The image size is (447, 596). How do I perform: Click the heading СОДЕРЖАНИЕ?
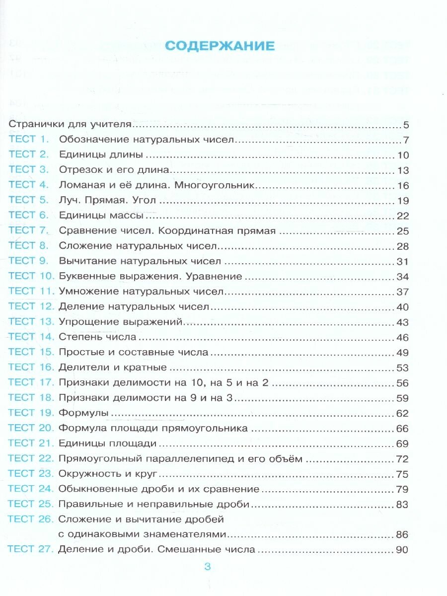coord(220,46)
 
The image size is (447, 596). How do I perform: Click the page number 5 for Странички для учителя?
coord(405,125)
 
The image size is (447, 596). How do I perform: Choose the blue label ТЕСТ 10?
coord(30,276)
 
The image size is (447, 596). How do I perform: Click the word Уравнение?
coord(217,276)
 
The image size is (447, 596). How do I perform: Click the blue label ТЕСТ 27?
coord(29,549)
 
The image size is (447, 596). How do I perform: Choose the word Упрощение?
coord(83,322)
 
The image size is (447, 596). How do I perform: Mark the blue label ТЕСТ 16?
coord(30,368)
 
